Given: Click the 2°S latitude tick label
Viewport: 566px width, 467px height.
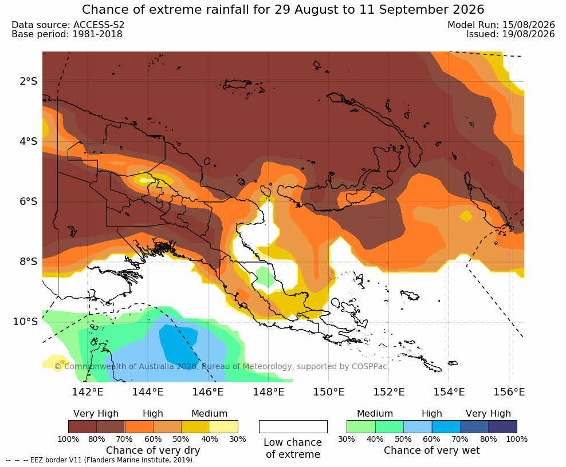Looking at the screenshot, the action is click(x=29, y=81).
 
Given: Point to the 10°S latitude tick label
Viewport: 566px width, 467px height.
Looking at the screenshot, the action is click(x=25, y=322).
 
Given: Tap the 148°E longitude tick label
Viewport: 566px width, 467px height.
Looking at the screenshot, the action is click(x=269, y=391).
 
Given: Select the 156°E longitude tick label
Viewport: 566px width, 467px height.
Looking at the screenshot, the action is click(x=509, y=391).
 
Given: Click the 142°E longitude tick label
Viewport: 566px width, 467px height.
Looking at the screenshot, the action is click(x=88, y=391).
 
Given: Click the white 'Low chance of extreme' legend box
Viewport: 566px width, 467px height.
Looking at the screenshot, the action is click(x=293, y=426).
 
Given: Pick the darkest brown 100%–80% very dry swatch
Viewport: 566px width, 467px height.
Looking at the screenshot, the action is click(x=82, y=426).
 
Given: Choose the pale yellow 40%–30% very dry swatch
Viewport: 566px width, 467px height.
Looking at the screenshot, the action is click(x=224, y=426).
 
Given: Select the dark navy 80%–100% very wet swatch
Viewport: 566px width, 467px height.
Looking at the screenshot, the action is click(x=503, y=426).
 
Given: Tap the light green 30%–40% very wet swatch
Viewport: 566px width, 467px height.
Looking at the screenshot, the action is click(x=361, y=426).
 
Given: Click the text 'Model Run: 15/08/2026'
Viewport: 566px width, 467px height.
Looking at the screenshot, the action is click(x=501, y=25).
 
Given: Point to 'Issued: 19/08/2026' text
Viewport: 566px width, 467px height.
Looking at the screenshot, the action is click(x=510, y=34).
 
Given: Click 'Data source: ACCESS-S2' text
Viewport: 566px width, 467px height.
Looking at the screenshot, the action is click(x=68, y=25).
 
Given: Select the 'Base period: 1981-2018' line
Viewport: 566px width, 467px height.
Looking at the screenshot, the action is click(x=67, y=34).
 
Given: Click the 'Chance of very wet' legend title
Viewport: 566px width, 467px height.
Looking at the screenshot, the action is click(x=432, y=450).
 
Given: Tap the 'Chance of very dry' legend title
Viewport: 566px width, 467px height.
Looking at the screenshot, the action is click(x=153, y=450).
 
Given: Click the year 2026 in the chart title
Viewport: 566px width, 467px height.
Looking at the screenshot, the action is click(x=468, y=10).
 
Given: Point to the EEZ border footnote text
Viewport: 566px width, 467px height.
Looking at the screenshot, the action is click(x=100, y=460).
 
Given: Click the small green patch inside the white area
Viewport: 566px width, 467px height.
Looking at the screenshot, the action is click(x=266, y=276).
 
